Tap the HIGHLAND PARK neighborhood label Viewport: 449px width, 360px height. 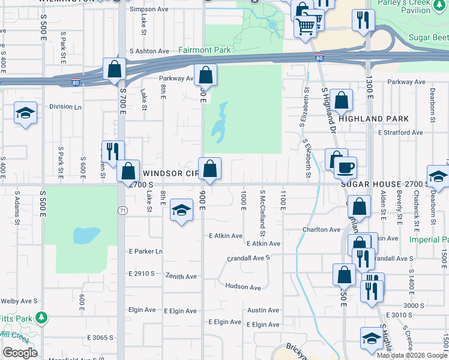(x=373, y=119)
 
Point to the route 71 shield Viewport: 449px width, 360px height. (x=122, y=211)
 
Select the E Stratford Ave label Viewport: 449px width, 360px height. (x=400, y=133)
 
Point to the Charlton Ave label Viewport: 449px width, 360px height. (x=321, y=230)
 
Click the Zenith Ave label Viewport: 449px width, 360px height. (x=182, y=277)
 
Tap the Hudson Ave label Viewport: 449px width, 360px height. (x=243, y=287)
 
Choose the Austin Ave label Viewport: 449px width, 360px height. (x=264, y=310)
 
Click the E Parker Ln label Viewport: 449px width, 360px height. (x=145, y=251)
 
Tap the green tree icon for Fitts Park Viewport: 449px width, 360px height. (x=41, y=316)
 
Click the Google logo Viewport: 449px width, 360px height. (x=20, y=353)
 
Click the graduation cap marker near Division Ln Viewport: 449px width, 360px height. (x=25, y=113)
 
